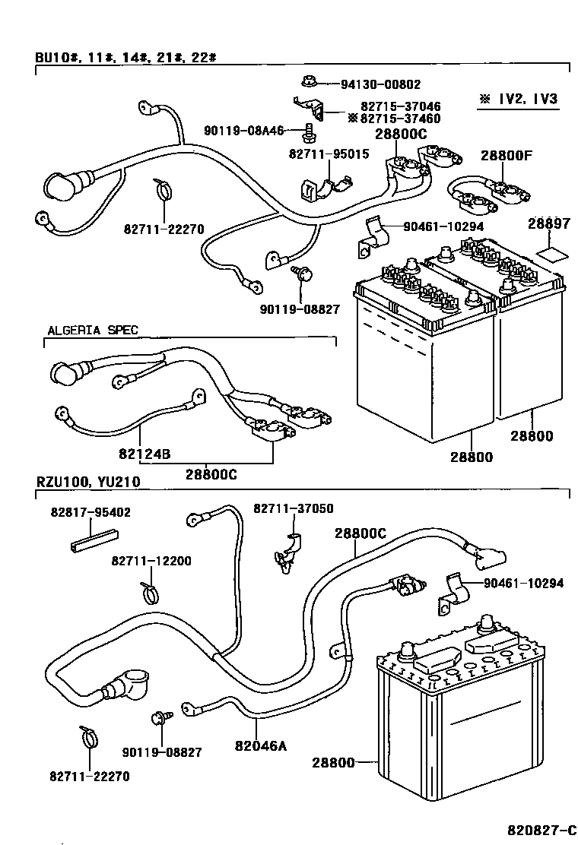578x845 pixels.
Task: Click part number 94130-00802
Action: coord(380,85)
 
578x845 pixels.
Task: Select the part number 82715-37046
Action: coord(401,107)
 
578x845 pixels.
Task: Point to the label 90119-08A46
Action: coord(243,131)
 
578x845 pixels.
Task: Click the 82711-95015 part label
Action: coord(329,153)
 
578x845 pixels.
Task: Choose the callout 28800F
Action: coord(506,156)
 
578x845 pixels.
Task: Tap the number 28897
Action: coord(548,224)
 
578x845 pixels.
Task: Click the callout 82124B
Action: coord(144,454)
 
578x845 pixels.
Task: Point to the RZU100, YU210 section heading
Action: coord(87,482)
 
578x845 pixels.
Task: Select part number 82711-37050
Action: coord(293,508)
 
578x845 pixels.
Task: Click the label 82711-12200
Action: coord(151,561)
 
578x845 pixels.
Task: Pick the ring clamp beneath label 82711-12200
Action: coord(151,590)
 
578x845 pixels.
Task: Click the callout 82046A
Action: coord(260,745)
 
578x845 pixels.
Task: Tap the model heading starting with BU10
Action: coord(126,58)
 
